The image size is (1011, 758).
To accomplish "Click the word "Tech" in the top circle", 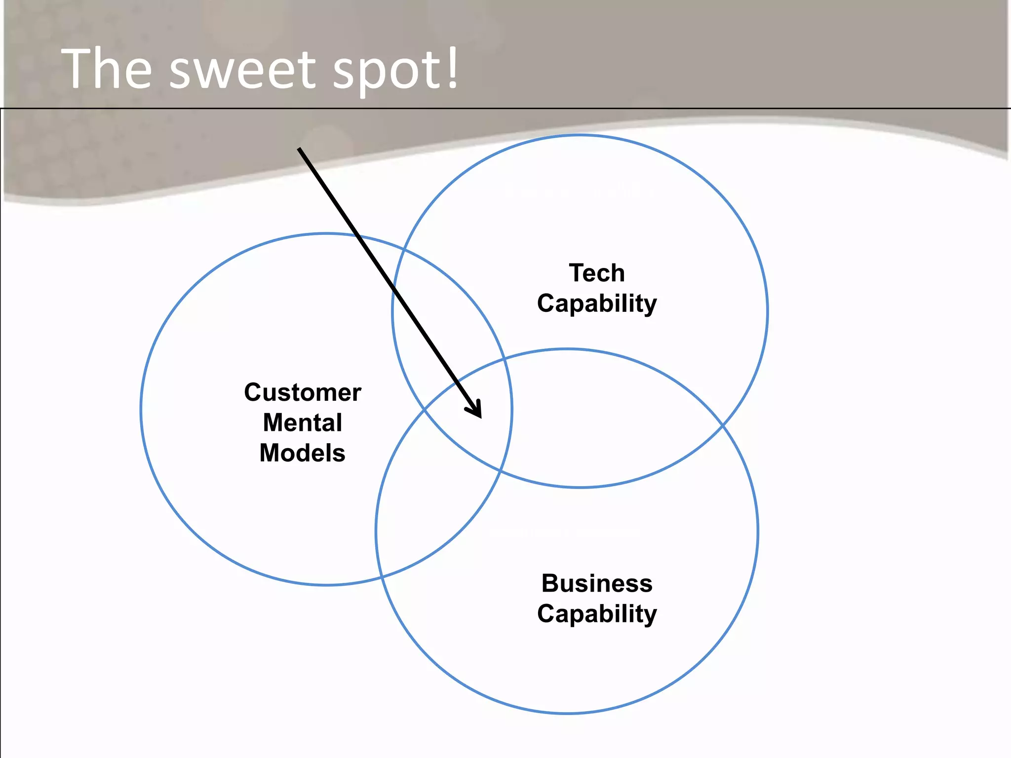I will [597, 273].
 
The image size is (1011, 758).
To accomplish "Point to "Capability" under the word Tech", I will [597, 303].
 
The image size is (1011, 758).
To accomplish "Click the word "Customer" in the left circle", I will [303, 393].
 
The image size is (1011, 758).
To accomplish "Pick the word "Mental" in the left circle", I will [303, 423].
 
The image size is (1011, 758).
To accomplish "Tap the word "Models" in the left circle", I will [303, 453].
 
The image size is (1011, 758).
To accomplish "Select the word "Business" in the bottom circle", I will [597, 583].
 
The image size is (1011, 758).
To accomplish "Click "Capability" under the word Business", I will [597, 614].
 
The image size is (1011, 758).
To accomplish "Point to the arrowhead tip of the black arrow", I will [480, 417].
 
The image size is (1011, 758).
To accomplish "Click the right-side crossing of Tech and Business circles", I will [722, 424].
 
